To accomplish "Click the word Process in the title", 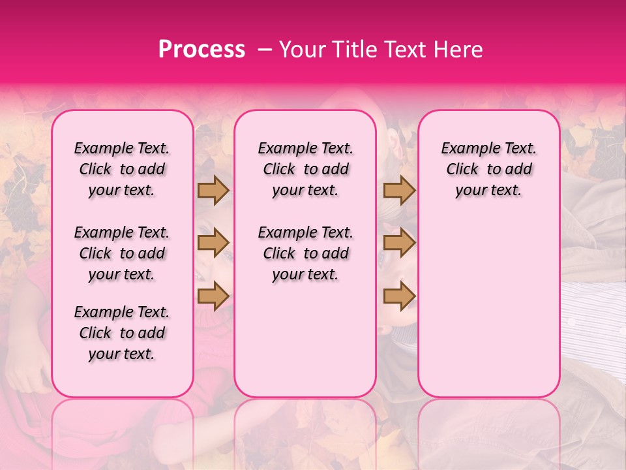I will [x=201, y=50].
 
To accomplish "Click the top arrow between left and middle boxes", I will [x=213, y=191].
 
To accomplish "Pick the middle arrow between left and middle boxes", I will [x=213, y=243].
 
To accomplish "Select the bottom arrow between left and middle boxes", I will [x=213, y=296].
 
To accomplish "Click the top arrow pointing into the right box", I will [x=399, y=191].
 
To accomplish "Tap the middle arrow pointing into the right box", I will [x=399, y=243].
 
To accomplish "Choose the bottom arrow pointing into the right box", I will [x=399, y=296].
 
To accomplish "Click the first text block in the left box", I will [x=122, y=170].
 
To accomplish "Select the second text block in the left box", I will [x=122, y=253].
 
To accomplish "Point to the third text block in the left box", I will [x=122, y=333].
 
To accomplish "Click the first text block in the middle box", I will [x=306, y=170].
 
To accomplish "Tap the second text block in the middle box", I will [x=306, y=253].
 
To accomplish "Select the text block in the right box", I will [x=489, y=170].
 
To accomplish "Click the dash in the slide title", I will [x=265, y=50].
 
